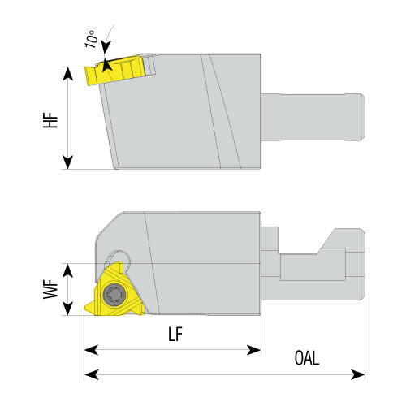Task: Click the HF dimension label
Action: point(50,120)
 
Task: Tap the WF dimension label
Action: point(50,290)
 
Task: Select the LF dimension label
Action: point(175,334)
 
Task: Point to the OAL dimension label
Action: point(307,357)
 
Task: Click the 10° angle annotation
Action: point(92,39)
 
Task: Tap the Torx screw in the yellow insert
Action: point(114,294)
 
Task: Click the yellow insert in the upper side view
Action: point(115,71)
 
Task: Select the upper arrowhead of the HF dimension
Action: point(67,74)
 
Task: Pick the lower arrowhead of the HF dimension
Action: point(67,162)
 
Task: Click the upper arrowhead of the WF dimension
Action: point(67,270)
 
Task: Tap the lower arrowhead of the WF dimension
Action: point(67,309)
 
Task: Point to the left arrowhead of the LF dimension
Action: point(91,350)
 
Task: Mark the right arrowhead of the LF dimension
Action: point(254,350)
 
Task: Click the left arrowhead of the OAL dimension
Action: point(91,375)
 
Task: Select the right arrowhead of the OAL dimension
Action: point(358,375)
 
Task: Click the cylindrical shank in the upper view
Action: point(313,117)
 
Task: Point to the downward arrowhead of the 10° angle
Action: point(106,47)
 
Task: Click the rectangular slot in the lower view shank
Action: point(313,267)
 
